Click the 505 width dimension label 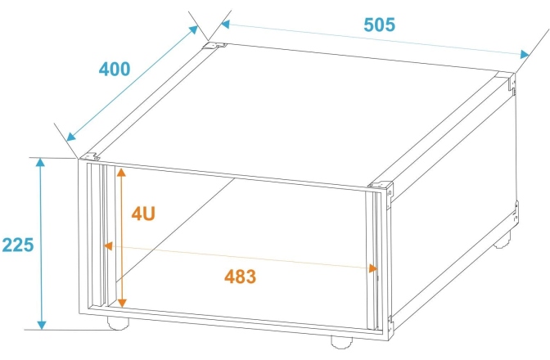pyautogui.click(x=379, y=25)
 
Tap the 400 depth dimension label pyautogui.click(x=115, y=69)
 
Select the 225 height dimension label pyautogui.click(x=18, y=245)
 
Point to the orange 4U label pyautogui.click(x=143, y=213)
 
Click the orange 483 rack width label pyautogui.click(x=241, y=277)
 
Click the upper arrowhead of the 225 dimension pyautogui.click(x=41, y=163)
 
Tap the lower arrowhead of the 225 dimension pyautogui.click(x=42, y=325)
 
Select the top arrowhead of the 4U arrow pyautogui.click(x=121, y=172)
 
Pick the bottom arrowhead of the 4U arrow pyautogui.click(x=122, y=304)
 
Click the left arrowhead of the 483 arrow pyautogui.click(x=108, y=245)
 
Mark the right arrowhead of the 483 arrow pyautogui.click(x=373, y=268)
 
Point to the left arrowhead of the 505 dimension pyautogui.click(x=225, y=25)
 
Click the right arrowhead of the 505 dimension pyautogui.click(x=525, y=54)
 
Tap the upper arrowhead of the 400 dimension pyautogui.click(x=194, y=29)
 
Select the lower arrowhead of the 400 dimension pyautogui.click(x=71, y=137)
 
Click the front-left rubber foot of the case pyautogui.click(x=118, y=323)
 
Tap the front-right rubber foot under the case pyautogui.click(x=341, y=343)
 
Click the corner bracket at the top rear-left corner pyautogui.click(x=214, y=46)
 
